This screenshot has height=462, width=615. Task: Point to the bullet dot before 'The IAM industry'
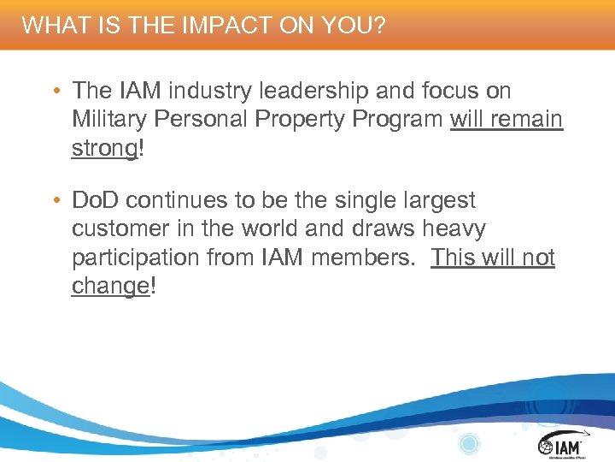pos(54,91)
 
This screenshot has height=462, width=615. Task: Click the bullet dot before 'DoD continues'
pos(54,201)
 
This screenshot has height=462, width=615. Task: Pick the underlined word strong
pos(104,148)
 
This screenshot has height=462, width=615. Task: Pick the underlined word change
pos(110,286)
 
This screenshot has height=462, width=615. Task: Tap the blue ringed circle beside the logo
pos(469,443)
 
